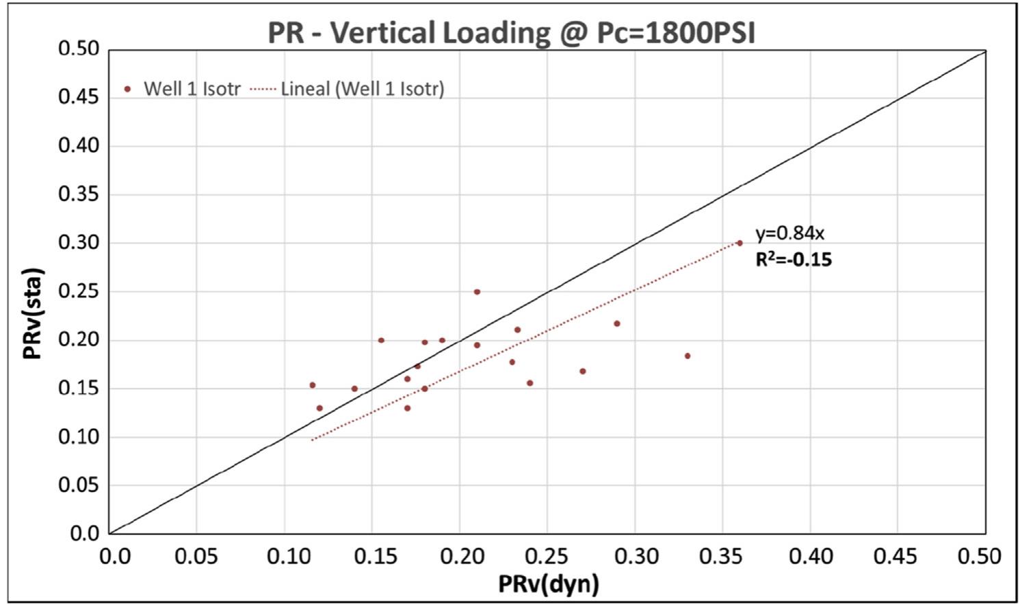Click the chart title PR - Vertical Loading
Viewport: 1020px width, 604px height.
point(511,32)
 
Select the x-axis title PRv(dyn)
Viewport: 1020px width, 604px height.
point(548,583)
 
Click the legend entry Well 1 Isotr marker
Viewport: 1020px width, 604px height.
point(127,88)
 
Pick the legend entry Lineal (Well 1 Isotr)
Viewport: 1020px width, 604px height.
point(348,88)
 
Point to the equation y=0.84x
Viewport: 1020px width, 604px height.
point(789,233)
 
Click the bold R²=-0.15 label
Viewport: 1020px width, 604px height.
point(794,259)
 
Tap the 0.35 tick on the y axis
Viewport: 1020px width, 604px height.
point(79,194)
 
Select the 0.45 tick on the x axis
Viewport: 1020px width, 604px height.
point(898,555)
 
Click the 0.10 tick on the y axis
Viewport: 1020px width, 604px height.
point(79,436)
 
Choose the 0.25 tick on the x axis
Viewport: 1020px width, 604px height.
point(547,555)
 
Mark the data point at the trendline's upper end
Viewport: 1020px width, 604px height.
point(740,243)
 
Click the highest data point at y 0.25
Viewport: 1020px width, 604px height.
point(477,291)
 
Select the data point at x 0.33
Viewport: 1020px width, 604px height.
point(688,356)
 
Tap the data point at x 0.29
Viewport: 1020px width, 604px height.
point(617,324)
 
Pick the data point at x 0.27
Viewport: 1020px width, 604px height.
point(583,371)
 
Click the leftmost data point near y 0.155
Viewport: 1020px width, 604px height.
point(313,385)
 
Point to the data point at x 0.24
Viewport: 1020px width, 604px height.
point(529,383)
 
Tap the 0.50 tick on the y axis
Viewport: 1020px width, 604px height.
point(79,49)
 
